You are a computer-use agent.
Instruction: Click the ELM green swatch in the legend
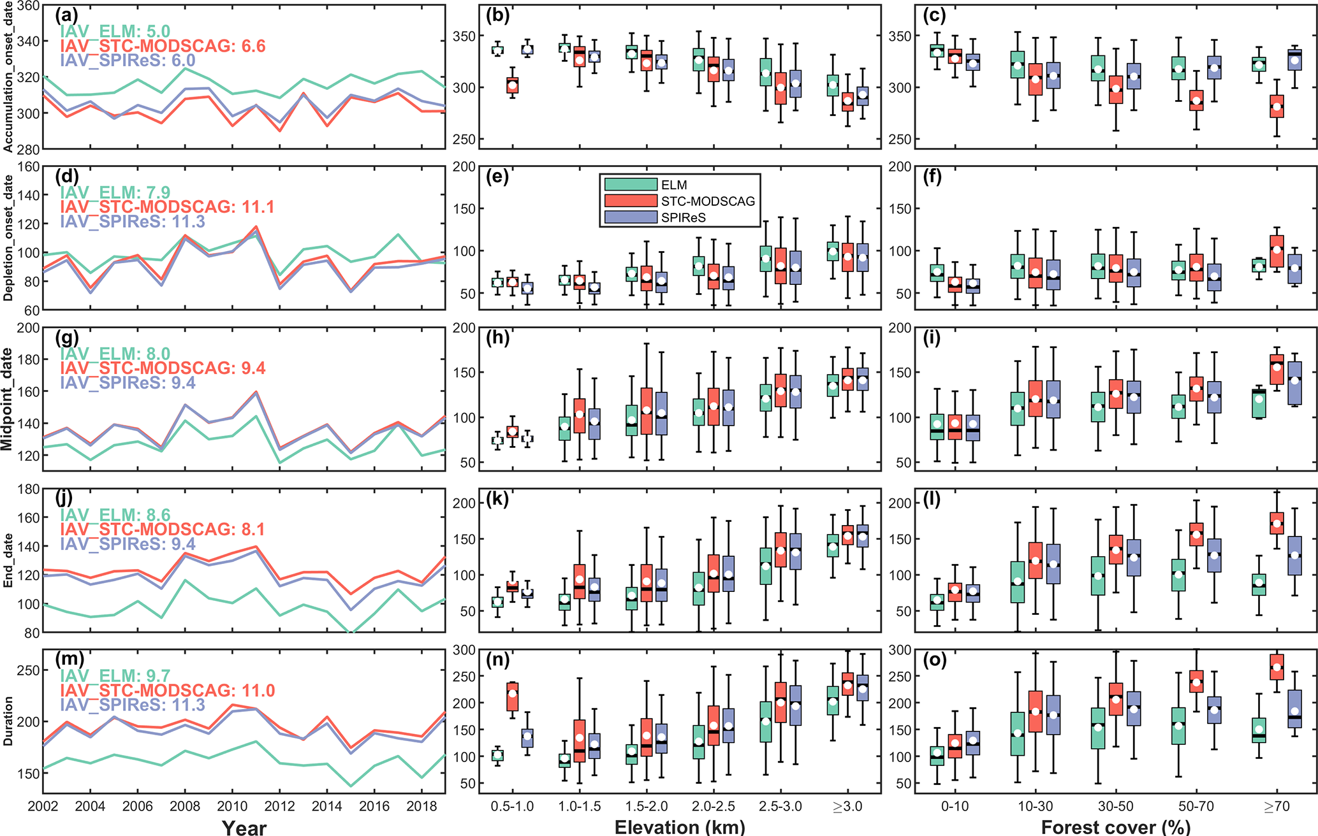tap(631, 184)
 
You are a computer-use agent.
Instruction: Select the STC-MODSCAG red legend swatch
tap(631, 201)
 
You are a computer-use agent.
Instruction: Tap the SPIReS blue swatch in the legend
tap(631, 217)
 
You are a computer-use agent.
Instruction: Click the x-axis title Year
tap(244, 827)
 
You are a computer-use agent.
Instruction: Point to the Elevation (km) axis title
tap(680, 826)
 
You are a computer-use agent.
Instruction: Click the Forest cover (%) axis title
tap(1115, 826)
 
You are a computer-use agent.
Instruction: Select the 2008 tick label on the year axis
tap(185, 806)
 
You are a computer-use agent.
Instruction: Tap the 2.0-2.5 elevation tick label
tap(714, 806)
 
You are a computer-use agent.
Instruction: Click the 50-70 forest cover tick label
tap(1196, 806)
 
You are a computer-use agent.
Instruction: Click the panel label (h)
tap(498, 338)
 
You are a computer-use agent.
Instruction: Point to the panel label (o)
tap(935, 659)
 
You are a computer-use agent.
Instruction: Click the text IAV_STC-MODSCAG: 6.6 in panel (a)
tap(163, 46)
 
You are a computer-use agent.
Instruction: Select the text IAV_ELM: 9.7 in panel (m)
tap(115, 675)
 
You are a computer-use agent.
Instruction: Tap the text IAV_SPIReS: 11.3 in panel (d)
tap(133, 221)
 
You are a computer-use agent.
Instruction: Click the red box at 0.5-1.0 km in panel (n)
tap(512, 696)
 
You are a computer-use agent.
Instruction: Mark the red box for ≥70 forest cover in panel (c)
tap(1277, 106)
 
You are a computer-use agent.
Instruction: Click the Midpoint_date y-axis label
tap(8, 399)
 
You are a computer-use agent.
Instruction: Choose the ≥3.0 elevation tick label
tap(847, 806)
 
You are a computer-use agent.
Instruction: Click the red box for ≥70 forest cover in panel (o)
tap(1277, 667)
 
